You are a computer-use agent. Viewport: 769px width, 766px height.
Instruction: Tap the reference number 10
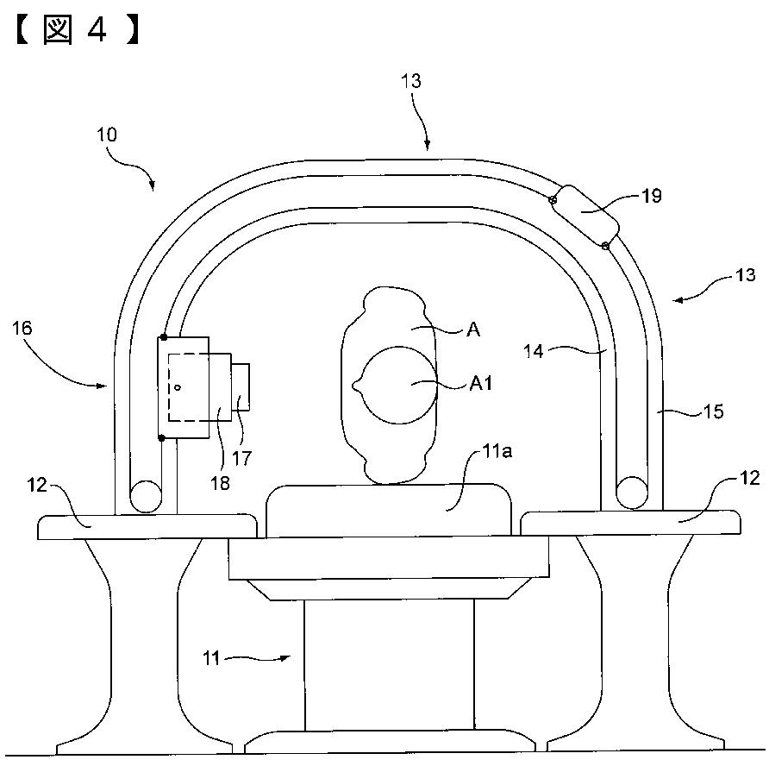(x=106, y=135)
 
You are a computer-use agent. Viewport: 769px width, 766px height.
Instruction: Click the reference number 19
(x=652, y=196)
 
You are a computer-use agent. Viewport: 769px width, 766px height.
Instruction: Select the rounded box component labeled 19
(x=585, y=217)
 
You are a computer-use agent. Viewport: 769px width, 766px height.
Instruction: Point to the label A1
(x=481, y=384)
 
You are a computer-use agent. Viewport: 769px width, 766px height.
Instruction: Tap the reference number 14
(x=534, y=351)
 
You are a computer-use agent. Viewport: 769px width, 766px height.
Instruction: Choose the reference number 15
(x=714, y=411)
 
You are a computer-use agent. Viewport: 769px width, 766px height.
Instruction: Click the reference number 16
(x=22, y=328)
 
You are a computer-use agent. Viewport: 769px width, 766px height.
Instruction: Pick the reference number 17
(x=241, y=458)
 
